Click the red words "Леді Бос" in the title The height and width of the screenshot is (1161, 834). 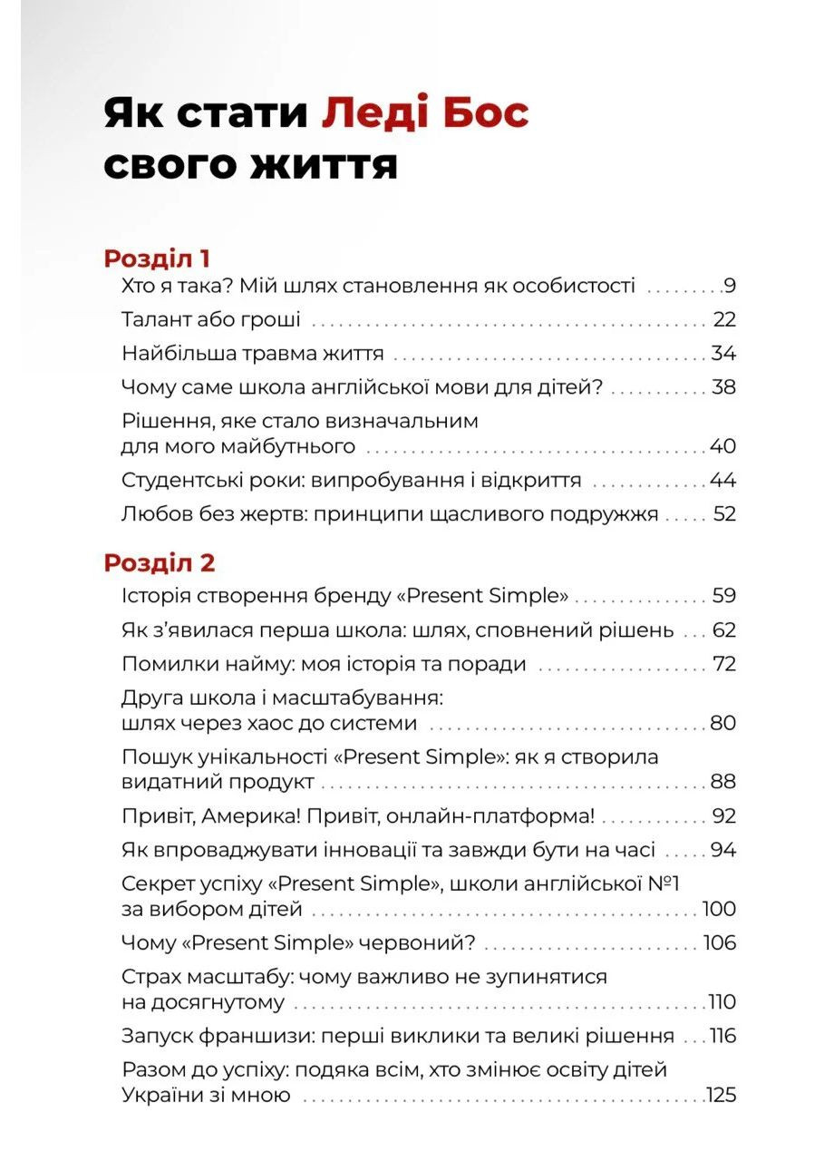tap(425, 114)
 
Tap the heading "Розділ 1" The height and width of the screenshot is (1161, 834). tap(157, 259)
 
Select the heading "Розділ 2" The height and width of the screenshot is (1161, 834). tap(160, 562)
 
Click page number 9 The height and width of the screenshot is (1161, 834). tap(730, 288)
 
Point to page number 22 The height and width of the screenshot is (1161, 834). tap(724, 320)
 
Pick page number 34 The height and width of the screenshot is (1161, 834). tap(723, 354)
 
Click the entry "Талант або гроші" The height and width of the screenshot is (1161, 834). tap(211, 320)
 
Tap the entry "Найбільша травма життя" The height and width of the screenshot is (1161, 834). tap(253, 354)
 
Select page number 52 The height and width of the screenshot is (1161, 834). tap(724, 514)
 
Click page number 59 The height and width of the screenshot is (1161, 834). tap(723, 597)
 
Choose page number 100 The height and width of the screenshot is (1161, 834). tap(720, 910)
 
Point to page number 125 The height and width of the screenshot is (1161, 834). tap(722, 1096)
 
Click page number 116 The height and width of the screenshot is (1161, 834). tap(722, 1036)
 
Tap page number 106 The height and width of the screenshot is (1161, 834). tap(720, 943)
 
